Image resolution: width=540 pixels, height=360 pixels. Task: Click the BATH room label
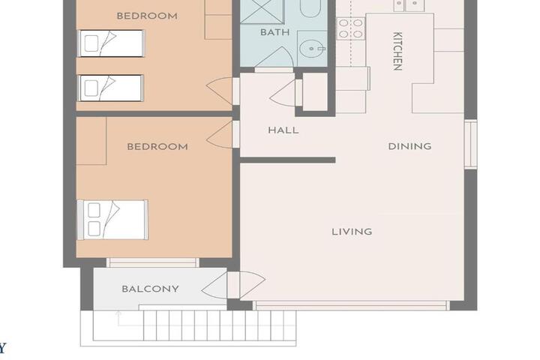tap(274, 32)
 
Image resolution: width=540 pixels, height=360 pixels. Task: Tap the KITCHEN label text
tap(397, 51)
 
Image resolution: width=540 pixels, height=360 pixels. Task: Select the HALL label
tap(283, 130)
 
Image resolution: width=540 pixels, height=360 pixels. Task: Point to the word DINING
tap(409, 146)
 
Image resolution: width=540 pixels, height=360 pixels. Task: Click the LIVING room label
tap(352, 232)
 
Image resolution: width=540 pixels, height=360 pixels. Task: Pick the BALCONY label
tap(150, 289)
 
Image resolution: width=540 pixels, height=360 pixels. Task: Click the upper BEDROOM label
tap(147, 16)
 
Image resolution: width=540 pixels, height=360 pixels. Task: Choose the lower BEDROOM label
tap(157, 147)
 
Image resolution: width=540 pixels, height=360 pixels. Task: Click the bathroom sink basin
tap(312, 49)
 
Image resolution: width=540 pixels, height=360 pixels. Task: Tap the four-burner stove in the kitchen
tap(350, 28)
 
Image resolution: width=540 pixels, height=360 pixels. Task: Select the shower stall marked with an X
tap(262, 12)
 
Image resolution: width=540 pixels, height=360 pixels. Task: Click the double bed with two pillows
tap(112, 220)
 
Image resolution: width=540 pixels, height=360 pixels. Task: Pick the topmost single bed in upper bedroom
tap(111, 43)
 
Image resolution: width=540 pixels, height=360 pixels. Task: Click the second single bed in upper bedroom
tap(111, 88)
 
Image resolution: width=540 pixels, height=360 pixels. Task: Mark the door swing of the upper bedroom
tap(219, 91)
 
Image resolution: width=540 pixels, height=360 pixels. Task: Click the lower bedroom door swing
tap(219, 134)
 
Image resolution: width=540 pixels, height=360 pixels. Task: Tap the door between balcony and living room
tap(233, 285)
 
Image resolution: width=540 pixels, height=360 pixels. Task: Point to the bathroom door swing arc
tap(274, 57)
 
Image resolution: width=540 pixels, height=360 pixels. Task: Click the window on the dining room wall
tap(471, 144)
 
